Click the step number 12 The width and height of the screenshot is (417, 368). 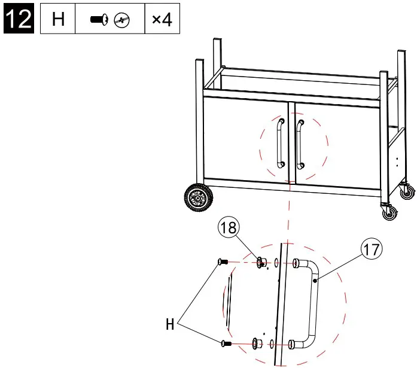point(18,19)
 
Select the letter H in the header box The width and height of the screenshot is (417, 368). point(58,20)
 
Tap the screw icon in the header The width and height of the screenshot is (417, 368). point(98,20)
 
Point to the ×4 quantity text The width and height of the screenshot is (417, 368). point(162,20)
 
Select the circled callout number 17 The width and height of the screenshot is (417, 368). point(372,249)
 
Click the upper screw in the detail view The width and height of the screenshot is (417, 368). point(223,261)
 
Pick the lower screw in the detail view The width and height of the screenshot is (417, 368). point(226,343)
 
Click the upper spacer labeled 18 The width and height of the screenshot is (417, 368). point(261,262)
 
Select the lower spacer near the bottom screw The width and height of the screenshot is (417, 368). point(257,343)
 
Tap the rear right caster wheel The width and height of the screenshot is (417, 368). point(408,192)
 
